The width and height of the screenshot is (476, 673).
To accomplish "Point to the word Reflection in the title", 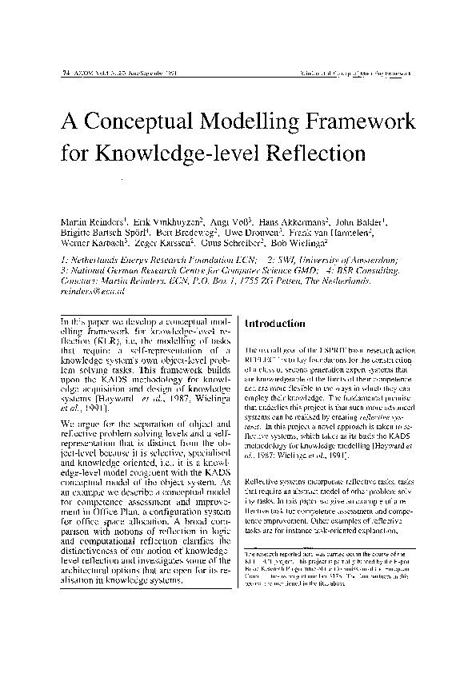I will pyautogui.click(x=316, y=152).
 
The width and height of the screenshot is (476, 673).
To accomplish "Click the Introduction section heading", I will pyautogui.click(x=274, y=325).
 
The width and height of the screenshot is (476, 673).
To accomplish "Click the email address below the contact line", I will pyautogui.click(x=87, y=293).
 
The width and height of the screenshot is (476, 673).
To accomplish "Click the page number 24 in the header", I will pyautogui.click(x=64, y=73).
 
